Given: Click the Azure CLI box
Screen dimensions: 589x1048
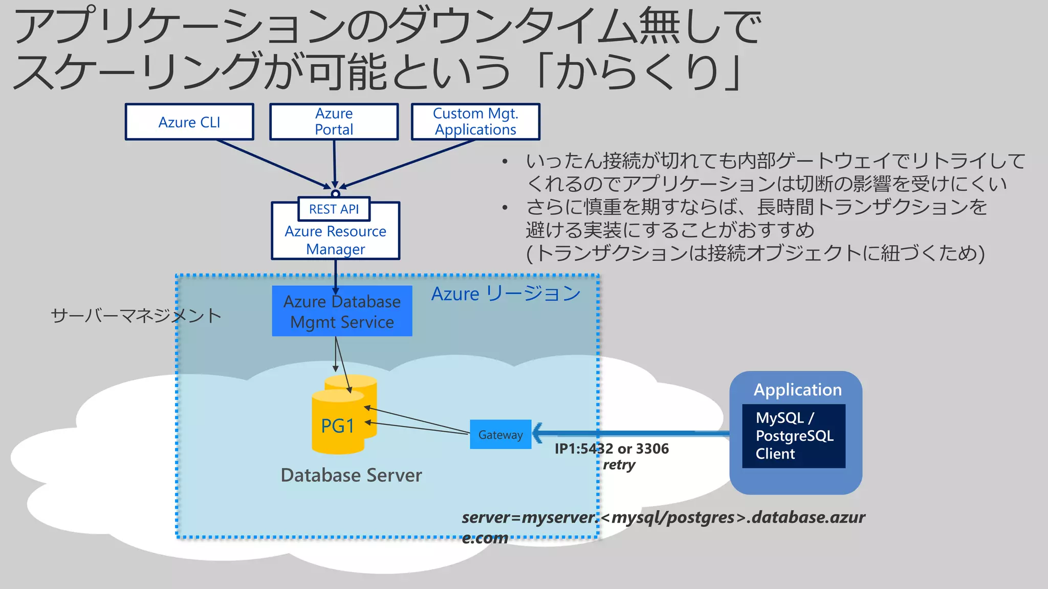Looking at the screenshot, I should coord(189,122).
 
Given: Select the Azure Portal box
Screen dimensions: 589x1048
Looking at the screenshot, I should coord(334,122).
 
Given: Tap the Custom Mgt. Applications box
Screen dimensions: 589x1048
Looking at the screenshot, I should coord(475,122).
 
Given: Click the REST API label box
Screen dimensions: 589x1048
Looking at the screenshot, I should coord(334,209).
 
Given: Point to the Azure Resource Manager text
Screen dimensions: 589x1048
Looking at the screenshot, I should coord(335,240).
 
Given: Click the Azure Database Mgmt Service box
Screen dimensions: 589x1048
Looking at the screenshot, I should coord(342,311).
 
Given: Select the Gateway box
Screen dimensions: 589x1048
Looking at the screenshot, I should coord(500,435).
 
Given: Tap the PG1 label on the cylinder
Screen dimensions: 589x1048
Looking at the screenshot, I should coord(337,426).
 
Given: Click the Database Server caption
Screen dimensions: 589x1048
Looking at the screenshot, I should coord(351,475).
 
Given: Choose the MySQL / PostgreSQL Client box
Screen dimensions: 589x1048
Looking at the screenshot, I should coord(793,436).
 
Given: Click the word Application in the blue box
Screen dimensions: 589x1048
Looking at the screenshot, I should coord(797,390).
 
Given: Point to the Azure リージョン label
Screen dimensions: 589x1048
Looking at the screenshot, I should coord(506,294).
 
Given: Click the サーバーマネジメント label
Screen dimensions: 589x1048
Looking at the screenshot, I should coord(136,315).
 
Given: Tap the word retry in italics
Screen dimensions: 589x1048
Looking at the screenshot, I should coord(619,465).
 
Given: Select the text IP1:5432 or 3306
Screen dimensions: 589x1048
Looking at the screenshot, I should coord(612,448).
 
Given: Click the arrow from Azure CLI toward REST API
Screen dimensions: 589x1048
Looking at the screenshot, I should coord(271,163).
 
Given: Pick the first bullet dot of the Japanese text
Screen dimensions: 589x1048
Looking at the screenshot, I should coord(505,162).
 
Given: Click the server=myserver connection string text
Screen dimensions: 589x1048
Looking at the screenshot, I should coord(663,517).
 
